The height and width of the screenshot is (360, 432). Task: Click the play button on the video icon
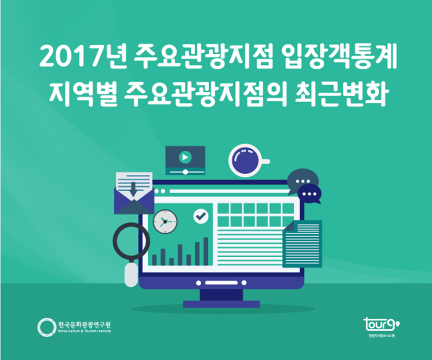pos(185,157)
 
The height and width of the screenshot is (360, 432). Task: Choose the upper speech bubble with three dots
pos(303,181)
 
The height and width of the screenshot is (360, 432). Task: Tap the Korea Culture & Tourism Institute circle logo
pos(47,327)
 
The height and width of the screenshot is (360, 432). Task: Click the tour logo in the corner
pos(382,324)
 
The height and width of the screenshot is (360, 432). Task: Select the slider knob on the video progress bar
pos(185,171)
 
